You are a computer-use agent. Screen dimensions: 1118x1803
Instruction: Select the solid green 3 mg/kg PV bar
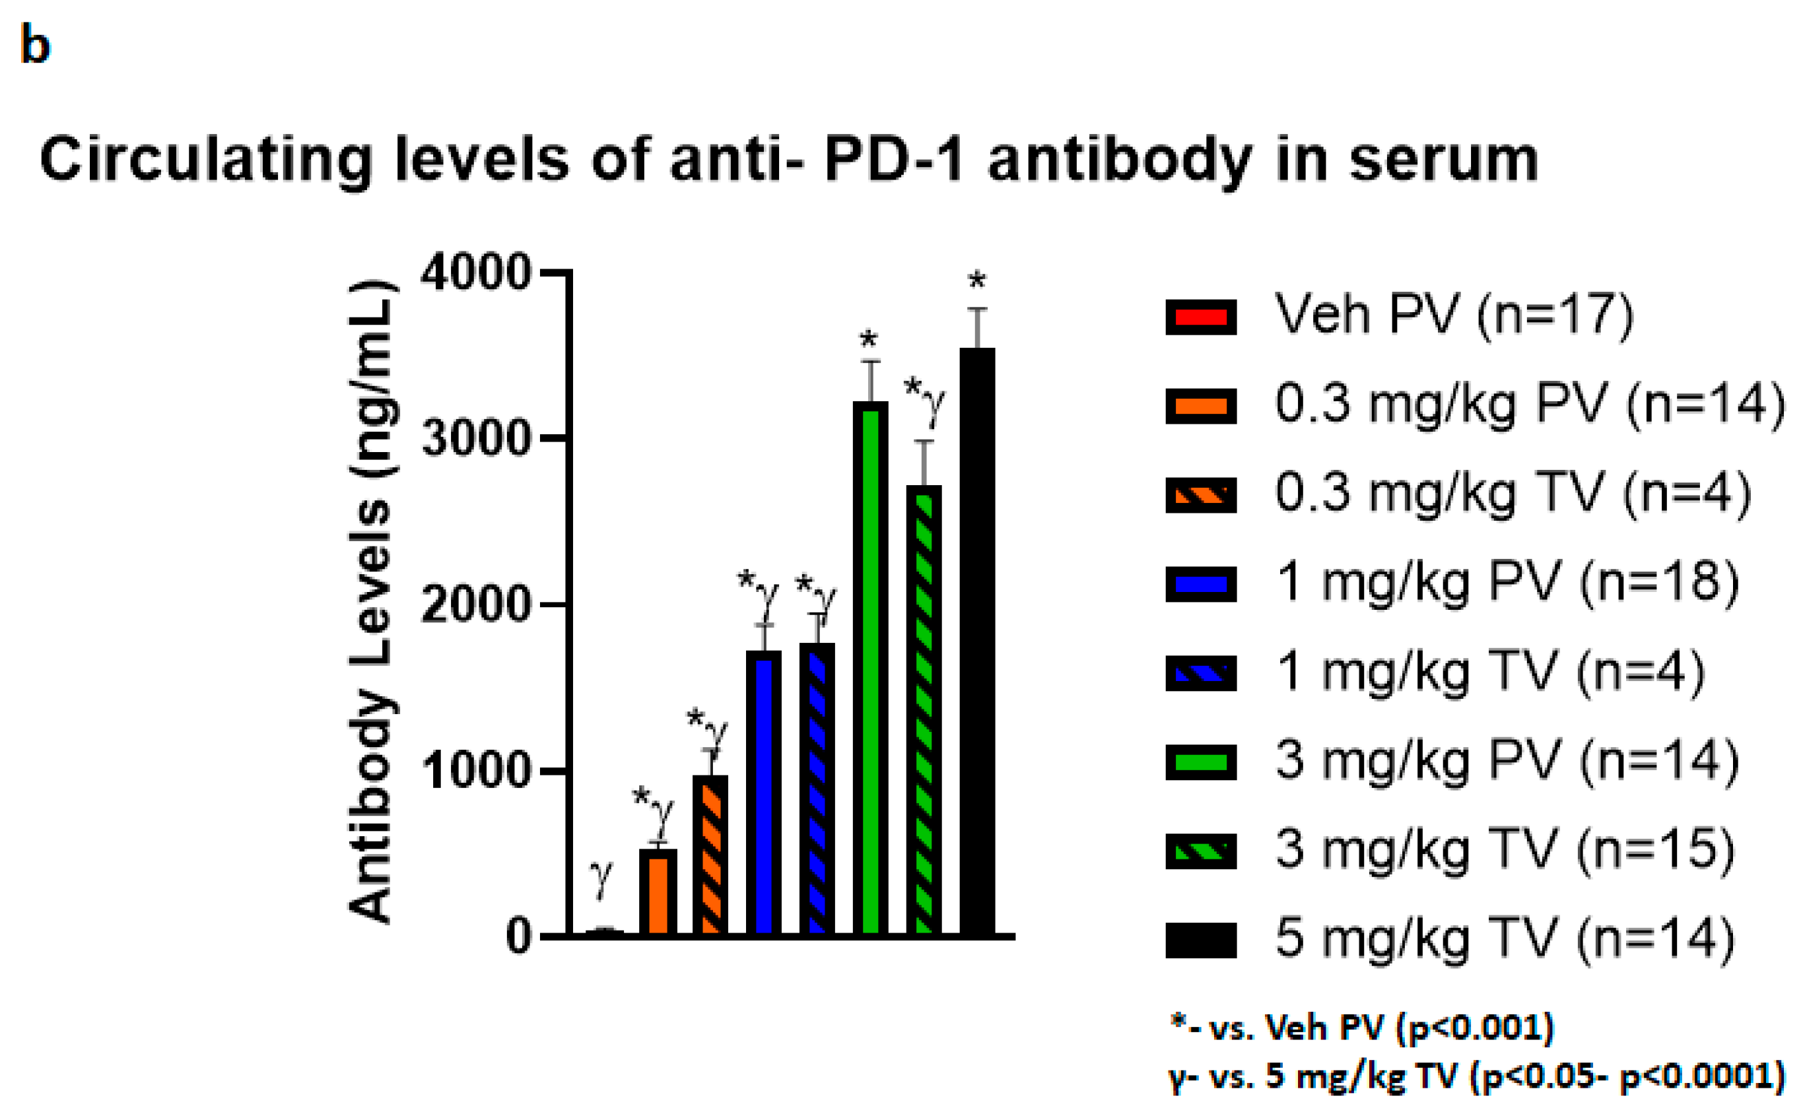pos(870,669)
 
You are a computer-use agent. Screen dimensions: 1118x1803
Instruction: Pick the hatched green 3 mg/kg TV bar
pos(924,710)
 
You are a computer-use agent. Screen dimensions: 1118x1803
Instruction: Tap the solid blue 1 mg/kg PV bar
pos(764,793)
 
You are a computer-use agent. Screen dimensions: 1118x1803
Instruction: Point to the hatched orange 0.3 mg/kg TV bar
pos(710,855)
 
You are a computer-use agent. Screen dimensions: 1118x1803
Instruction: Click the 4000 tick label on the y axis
pos(475,273)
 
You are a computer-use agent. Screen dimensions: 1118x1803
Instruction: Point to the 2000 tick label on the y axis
pos(475,605)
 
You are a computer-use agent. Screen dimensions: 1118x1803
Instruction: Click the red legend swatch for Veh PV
pos(1200,317)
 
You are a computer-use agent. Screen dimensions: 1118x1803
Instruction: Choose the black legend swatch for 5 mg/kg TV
pos(1200,940)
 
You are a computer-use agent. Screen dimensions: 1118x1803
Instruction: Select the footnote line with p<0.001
pos(1361,1028)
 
